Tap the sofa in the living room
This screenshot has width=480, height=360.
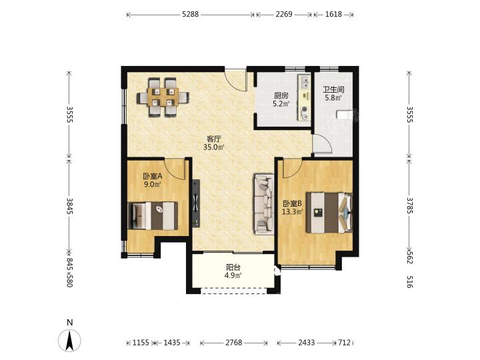[263, 205]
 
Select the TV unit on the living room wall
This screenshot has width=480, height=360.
[196, 203]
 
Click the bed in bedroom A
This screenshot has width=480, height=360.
[153, 215]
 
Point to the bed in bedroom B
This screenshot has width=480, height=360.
[329, 213]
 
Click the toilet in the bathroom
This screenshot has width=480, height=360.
[345, 115]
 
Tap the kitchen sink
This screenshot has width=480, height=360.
[305, 81]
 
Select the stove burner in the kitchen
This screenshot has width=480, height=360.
[305, 113]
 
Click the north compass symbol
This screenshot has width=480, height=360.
[70, 341]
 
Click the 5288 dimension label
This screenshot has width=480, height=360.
[191, 14]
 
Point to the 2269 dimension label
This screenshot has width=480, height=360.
[284, 14]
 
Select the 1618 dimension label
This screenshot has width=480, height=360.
[334, 14]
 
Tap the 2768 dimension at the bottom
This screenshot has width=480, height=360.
[234, 343]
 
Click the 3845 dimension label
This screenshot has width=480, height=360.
[70, 206]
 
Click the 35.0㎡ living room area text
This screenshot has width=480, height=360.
[214, 147]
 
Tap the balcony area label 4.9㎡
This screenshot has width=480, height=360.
[233, 275]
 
